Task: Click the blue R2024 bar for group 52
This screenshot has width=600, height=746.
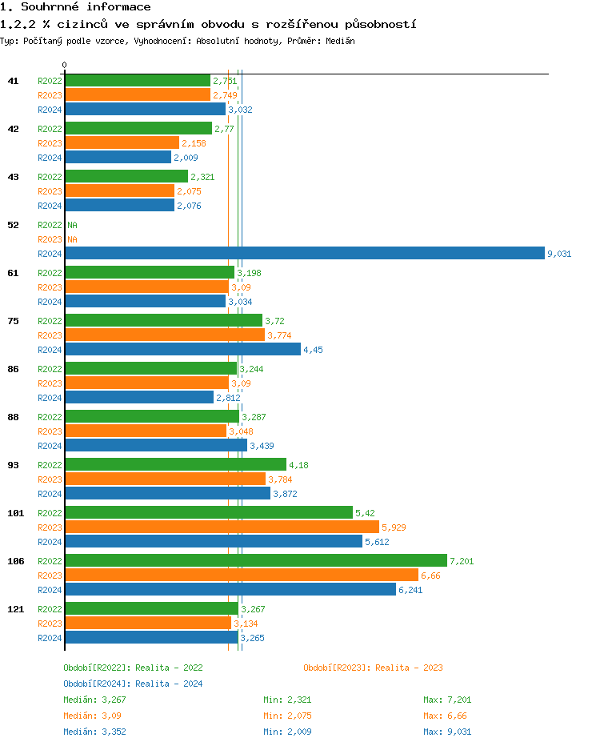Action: click(x=304, y=254)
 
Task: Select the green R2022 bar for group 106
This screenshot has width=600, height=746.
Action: click(x=255, y=560)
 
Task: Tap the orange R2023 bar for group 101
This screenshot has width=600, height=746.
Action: click(x=222, y=527)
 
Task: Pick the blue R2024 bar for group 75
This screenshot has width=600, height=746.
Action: click(x=182, y=349)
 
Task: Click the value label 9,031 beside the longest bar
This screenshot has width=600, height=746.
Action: click(x=558, y=254)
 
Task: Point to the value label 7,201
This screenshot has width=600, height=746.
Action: click(x=462, y=561)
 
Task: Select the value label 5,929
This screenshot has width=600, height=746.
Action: click(x=394, y=527)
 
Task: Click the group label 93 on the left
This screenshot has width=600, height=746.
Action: click(x=13, y=465)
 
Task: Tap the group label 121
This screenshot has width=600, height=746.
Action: click(x=15, y=609)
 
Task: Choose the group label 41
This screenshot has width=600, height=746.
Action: click(x=13, y=81)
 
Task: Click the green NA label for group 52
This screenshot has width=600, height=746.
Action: click(x=72, y=225)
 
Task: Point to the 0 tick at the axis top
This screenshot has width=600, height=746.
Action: click(x=65, y=65)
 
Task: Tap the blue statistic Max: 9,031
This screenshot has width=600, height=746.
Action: click(x=447, y=732)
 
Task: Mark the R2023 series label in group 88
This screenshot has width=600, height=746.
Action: click(x=50, y=431)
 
